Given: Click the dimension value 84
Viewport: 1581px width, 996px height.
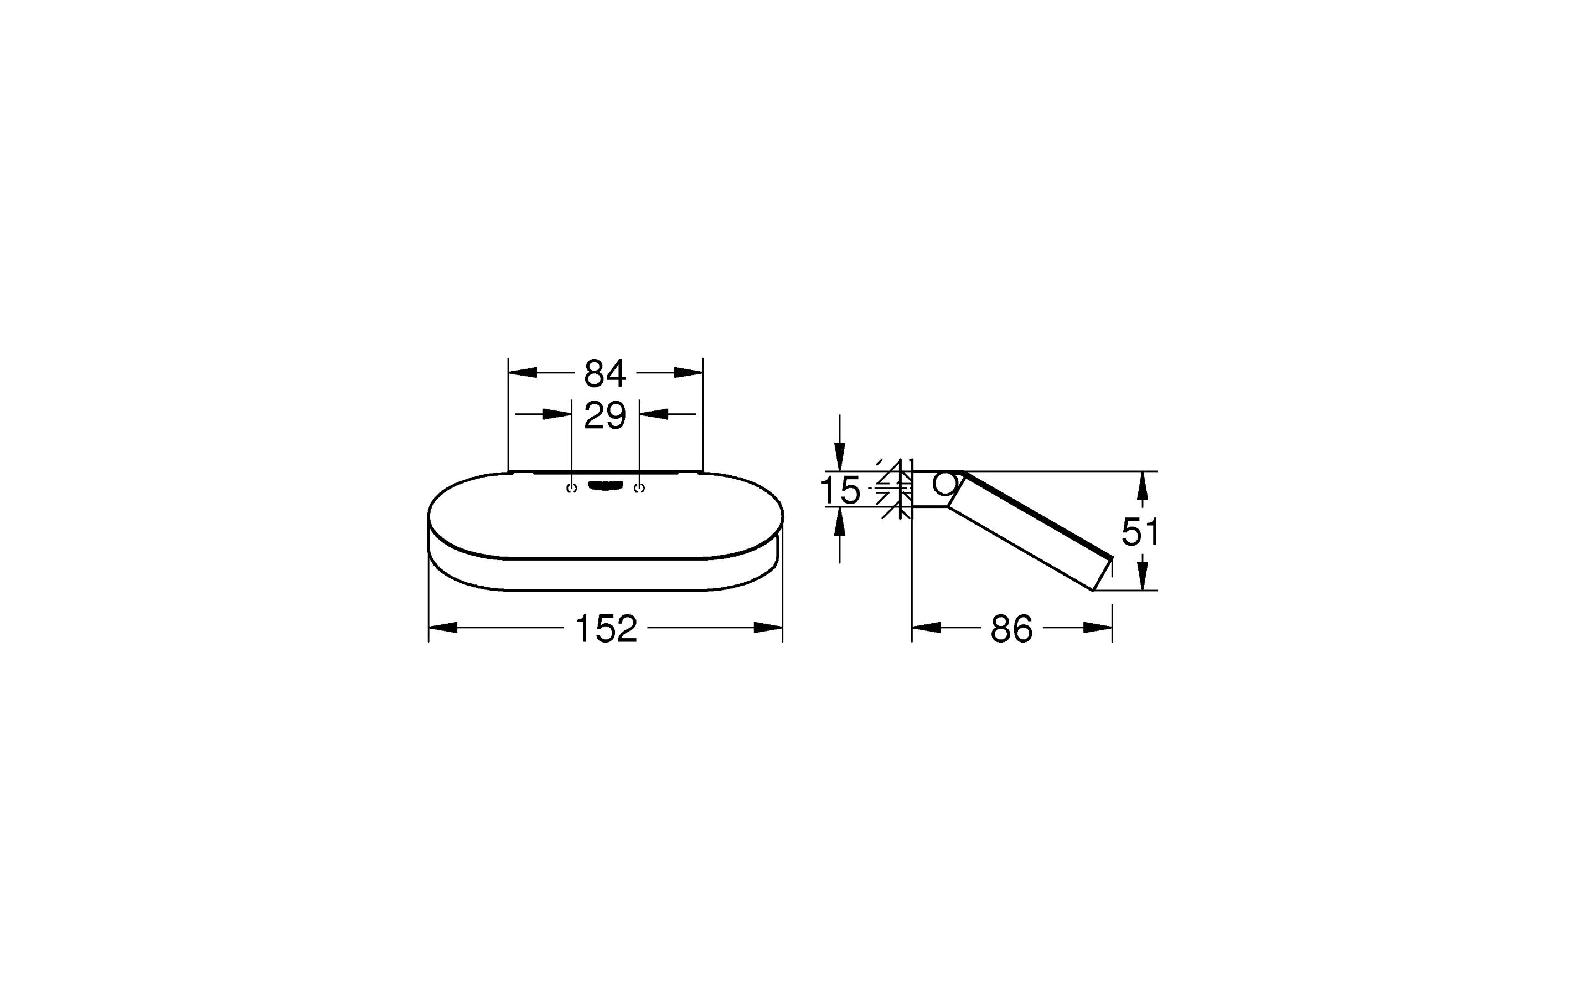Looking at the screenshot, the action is pos(604,373).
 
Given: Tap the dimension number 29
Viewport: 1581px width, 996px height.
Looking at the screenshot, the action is pos(604,415).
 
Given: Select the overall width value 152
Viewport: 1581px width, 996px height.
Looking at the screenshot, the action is pos(606,628).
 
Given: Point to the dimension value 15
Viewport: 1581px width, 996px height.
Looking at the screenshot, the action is pos(840,490).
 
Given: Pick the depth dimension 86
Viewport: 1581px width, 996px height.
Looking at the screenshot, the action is pos(1012,628).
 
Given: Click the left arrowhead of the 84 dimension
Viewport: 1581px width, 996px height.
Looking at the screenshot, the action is pos(523,372).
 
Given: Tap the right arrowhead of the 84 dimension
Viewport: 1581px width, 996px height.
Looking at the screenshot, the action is pos(689,372).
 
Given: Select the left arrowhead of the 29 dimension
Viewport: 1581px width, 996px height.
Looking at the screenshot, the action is pos(557,414).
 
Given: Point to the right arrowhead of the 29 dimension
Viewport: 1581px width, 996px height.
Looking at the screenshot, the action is pos(654,414).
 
